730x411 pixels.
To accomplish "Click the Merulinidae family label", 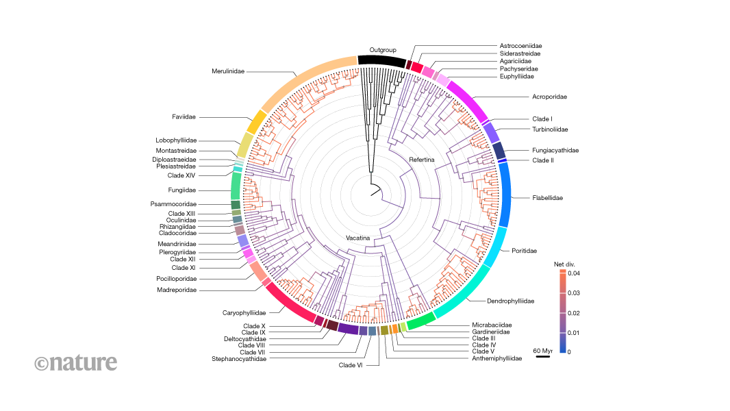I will coord(228,71).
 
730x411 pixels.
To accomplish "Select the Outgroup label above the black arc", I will coord(383,50).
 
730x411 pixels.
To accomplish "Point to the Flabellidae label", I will coord(548,198).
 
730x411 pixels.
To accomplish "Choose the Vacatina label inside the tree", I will coord(359,238).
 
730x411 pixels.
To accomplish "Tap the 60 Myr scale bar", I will coord(543,356).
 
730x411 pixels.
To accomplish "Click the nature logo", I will coord(76,362).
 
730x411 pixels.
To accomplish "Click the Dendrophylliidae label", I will coord(510,301).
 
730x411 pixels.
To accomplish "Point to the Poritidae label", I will coord(524,251).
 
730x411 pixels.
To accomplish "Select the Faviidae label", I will coord(184,117).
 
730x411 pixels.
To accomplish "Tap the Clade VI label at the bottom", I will coord(351,365).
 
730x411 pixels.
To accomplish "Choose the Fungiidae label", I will coord(183,190).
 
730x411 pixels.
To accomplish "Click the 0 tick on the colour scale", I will coord(568,351).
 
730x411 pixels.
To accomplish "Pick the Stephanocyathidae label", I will coord(239,359).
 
